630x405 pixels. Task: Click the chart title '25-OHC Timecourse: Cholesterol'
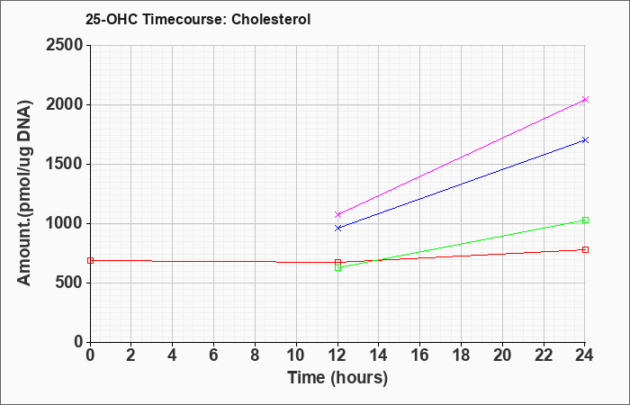point(198,19)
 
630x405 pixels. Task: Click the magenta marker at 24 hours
point(585,99)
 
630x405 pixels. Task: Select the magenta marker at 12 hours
point(337,214)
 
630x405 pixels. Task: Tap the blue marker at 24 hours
point(585,139)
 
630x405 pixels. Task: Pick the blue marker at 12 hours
point(337,228)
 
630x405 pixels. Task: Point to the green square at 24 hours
point(585,220)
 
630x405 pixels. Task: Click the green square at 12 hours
point(337,267)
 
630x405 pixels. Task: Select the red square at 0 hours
point(90,260)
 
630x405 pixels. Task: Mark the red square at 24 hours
point(585,249)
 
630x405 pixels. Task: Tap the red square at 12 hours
point(337,262)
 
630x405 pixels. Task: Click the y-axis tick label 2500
point(64,45)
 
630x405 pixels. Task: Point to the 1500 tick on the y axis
point(64,165)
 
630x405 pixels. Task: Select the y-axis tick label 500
point(69,283)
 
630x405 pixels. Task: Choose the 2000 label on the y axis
point(64,105)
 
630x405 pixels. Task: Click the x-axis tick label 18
point(461,355)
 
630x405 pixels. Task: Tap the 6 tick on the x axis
point(213,355)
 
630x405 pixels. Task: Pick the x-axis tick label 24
point(584,355)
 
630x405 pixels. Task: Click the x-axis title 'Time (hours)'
point(337,378)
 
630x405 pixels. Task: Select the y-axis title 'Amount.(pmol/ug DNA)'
point(24,193)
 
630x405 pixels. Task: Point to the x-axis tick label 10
point(296,355)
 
